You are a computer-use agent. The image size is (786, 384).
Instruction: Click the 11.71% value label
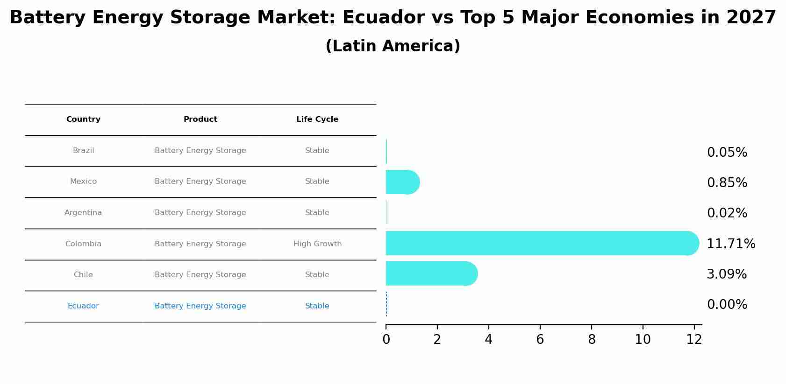pyautogui.click(x=731, y=244)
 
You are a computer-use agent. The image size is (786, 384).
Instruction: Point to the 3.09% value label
pyautogui.click(x=727, y=274)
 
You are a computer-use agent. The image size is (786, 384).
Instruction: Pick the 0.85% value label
pyautogui.click(x=727, y=182)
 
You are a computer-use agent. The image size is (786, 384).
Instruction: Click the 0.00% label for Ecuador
pyautogui.click(x=727, y=305)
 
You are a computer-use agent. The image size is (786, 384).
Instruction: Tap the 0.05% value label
pyautogui.click(x=727, y=152)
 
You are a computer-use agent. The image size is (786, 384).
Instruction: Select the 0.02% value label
pyautogui.click(x=727, y=213)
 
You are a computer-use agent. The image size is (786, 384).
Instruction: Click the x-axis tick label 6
pyautogui.click(x=540, y=340)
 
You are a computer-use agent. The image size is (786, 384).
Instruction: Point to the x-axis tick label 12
pyautogui.click(x=694, y=340)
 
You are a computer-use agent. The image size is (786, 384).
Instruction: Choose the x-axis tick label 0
pyautogui.click(x=386, y=340)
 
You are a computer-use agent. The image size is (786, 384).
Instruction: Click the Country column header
pyautogui.click(x=83, y=119)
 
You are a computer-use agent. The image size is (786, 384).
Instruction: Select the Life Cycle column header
pyautogui.click(x=317, y=119)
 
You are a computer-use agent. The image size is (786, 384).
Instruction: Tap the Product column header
pyautogui.click(x=200, y=119)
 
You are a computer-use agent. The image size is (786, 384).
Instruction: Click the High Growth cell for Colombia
pyautogui.click(x=317, y=244)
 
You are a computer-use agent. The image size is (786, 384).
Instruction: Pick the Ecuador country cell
pyautogui.click(x=83, y=306)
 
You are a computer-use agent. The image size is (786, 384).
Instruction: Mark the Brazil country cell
pyautogui.click(x=83, y=151)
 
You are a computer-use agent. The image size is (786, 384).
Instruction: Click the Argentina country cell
pyautogui.click(x=83, y=213)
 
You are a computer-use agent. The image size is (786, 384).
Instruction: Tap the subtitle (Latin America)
pyautogui.click(x=393, y=46)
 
